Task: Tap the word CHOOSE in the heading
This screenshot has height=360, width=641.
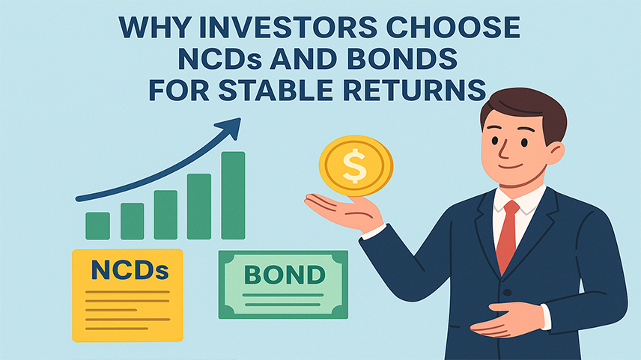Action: [x=453, y=28]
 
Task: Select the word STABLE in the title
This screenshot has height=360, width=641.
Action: [x=276, y=90]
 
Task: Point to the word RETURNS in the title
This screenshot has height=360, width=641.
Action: [x=415, y=90]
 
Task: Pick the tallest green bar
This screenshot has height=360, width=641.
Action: [x=233, y=195]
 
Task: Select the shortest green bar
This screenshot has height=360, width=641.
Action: [x=97, y=225]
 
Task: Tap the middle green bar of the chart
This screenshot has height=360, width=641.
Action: [x=165, y=215]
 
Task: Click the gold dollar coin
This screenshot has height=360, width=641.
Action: [x=356, y=165]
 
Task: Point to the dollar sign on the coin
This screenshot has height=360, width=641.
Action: [x=354, y=165]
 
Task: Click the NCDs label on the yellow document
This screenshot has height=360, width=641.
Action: [x=130, y=270]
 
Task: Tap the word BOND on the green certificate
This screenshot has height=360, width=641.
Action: [x=285, y=274]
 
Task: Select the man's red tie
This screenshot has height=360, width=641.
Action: [x=507, y=235]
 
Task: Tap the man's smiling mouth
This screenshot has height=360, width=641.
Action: [x=511, y=166]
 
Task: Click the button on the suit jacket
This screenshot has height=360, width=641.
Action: [x=507, y=293]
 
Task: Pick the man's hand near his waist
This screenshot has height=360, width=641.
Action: [x=506, y=319]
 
